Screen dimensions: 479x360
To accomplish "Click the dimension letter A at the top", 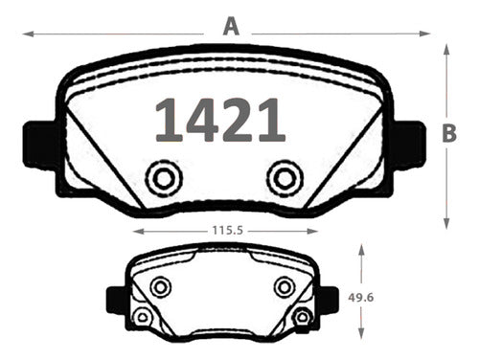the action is pyautogui.click(x=231, y=27).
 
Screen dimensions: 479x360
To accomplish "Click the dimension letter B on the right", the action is pyautogui.click(x=449, y=133).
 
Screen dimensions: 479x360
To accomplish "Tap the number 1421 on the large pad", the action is pyautogui.click(x=220, y=120).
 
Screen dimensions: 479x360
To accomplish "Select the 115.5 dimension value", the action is pyautogui.click(x=228, y=230).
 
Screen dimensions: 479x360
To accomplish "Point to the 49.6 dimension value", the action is pyautogui.click(x=361, y=298).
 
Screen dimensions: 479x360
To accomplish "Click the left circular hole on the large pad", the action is pyautogui.click(x=164, y=178).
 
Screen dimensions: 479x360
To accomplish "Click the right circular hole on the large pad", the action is pyautogui.click(x=285, y=178).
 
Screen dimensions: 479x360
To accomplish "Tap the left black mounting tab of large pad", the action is pyautogui.click(x=40, y=145).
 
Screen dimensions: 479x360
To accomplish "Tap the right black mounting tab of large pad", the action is pyautogui.click(x=409, y=145).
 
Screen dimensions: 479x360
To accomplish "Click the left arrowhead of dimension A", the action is pyautogui.click(x=28, y=34).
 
